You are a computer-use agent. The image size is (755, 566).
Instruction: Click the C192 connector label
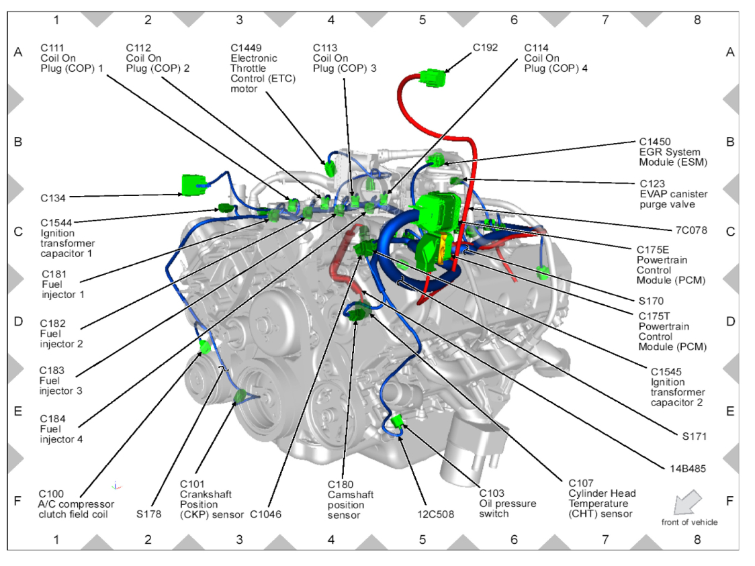click(485, 48)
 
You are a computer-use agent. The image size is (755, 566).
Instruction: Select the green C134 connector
click(193, 185)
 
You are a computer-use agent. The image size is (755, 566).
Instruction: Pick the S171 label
click(694, 436)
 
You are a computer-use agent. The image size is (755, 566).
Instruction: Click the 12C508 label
click(435, 514)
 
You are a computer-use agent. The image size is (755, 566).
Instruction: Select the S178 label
click(148, 514)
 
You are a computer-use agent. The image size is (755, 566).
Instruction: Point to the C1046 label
click(265, 514)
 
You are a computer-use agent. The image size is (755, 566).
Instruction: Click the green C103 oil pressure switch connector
click(397, 421)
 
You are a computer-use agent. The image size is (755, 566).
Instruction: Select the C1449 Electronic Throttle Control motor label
click(263, 68)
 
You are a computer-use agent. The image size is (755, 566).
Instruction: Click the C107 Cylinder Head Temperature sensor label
click(601, 498)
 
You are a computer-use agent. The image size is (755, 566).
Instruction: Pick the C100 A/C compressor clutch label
click(76, 504)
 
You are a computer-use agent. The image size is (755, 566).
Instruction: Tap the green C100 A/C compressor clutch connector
click(206, 347)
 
